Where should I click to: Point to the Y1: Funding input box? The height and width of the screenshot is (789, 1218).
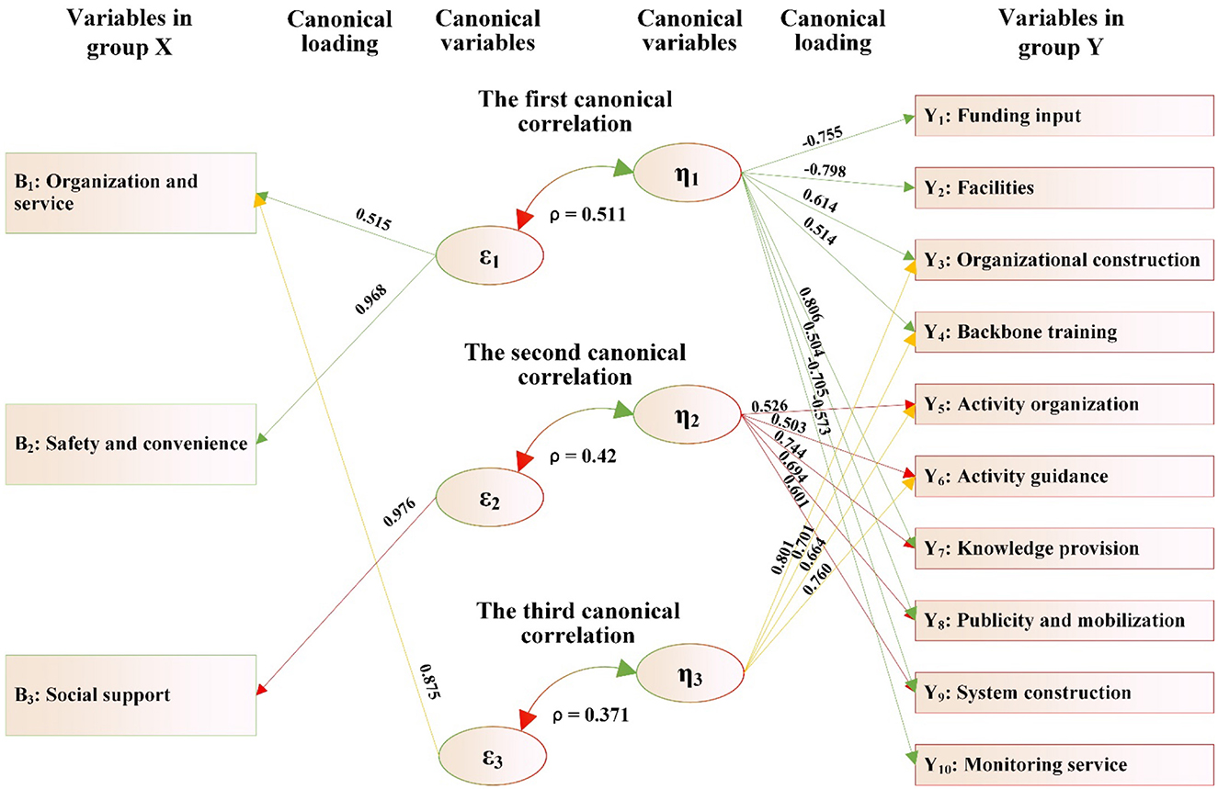tap(1062, 116)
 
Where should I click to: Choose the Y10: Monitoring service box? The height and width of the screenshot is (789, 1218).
tap(1062, 764)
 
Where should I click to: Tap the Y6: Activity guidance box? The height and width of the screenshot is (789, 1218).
tap(1062, 477)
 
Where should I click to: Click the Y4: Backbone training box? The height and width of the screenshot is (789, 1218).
tap(1062, 332)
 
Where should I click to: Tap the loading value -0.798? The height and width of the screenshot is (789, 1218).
tap(824, 171)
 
